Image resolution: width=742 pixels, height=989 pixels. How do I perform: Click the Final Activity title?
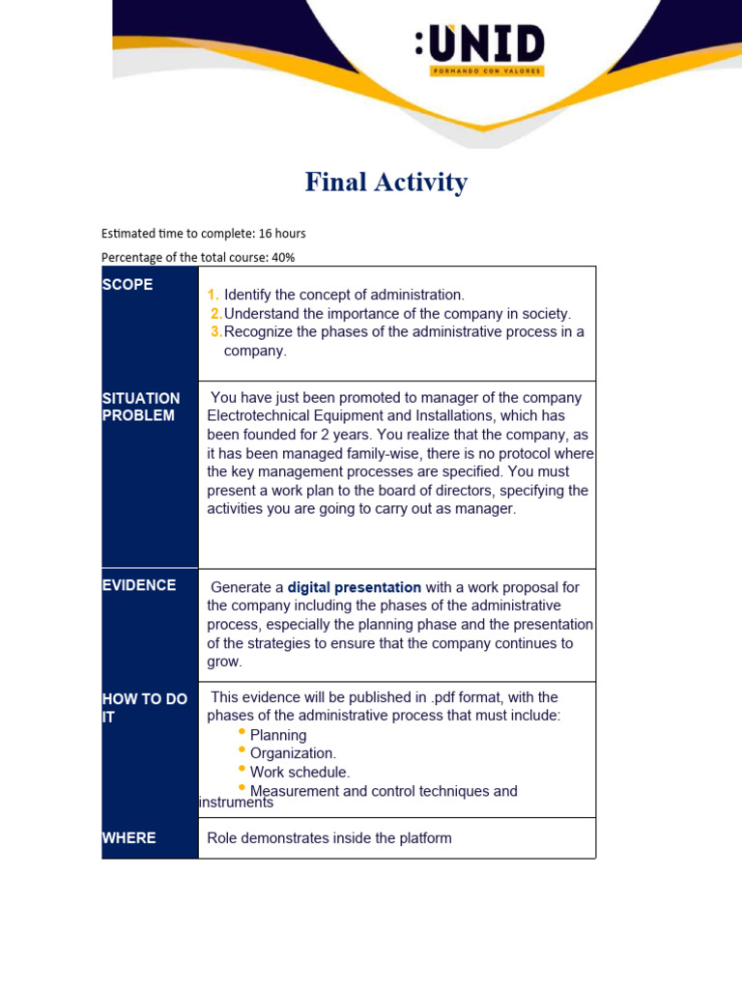(385, 183)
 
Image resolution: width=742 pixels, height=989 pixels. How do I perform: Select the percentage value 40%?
(282, 257)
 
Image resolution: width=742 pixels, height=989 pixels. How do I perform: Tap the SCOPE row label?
(128, 285)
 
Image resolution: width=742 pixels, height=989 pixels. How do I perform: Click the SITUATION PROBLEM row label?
(140, 407)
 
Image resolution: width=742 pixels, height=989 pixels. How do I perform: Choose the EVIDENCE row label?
(139, 585)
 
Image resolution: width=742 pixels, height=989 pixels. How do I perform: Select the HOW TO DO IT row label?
(144, 707)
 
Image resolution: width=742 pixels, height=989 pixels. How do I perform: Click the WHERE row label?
(128, 837)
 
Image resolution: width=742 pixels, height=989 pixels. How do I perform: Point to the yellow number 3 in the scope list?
(216, 332)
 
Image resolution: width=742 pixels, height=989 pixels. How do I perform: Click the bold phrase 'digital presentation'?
(354, 587)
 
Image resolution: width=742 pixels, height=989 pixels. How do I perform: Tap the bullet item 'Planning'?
(278, 735)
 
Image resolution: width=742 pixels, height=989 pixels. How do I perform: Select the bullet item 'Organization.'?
(293, 753)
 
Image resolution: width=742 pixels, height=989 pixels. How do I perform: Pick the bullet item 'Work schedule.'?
(300, 772)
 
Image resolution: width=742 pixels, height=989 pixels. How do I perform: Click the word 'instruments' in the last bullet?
(236, 803)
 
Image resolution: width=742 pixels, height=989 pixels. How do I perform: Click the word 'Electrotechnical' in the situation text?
(261, 416)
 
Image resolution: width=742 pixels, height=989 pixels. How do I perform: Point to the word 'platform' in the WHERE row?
(421, 838)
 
